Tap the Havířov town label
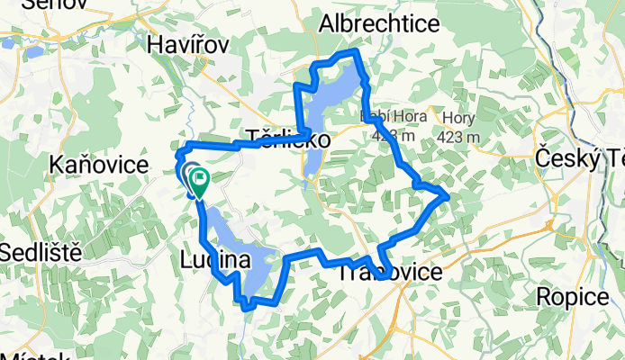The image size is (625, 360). (x=188, y=44)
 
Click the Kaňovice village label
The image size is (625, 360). (x=99, y=165)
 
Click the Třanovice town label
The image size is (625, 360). (x=390, y=272)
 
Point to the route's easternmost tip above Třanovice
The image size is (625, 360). (x=448, y=193)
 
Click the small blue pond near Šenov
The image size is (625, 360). (x=33, y=52)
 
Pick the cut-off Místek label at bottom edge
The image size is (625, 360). (x=35, y=355)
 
